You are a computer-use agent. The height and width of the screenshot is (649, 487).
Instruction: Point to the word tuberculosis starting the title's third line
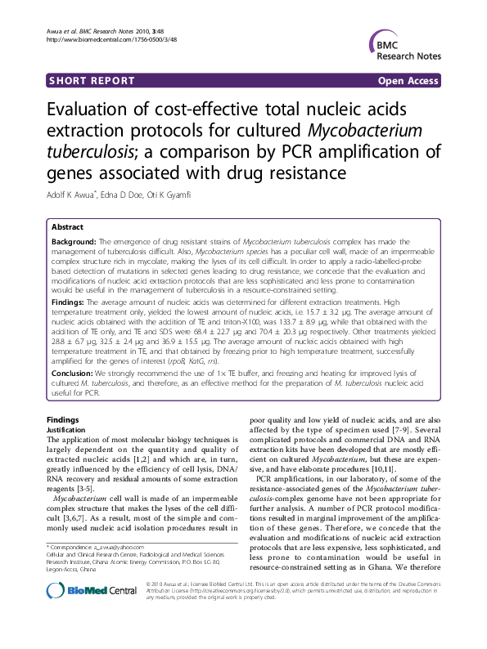tap(92, 152)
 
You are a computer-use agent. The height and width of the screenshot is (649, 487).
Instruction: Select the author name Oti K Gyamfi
tap(174, 195)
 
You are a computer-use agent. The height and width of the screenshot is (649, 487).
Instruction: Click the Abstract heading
tap(67, 227)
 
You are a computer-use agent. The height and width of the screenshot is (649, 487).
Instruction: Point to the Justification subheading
tap(65, 429)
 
